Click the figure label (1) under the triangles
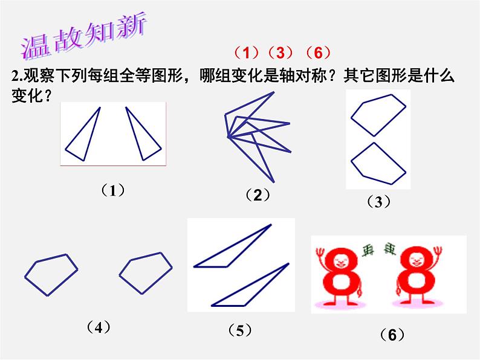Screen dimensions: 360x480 [x=112, y=190]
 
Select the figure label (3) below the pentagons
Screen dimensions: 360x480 [x=378, y=202]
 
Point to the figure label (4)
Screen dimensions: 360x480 [x=98, y=327]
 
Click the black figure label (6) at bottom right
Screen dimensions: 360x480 [x=392, y=335]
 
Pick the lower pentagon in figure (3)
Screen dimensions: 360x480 [x=376, y=164]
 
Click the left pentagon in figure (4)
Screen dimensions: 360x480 [x=51, y=275]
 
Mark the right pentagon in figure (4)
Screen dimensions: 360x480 [x=146, y=273]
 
